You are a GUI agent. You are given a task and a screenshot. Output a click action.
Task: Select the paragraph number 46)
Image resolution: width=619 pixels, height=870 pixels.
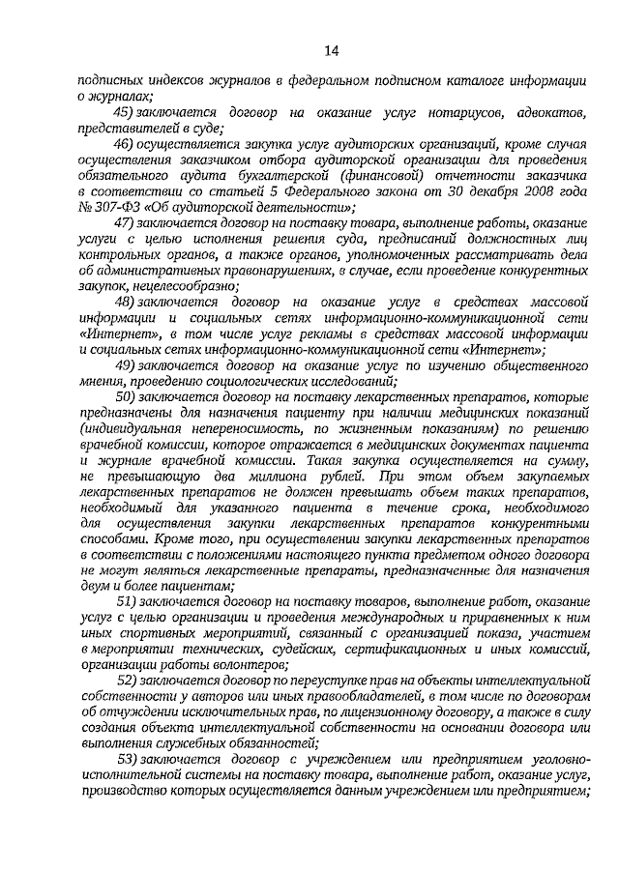tap(128, 142)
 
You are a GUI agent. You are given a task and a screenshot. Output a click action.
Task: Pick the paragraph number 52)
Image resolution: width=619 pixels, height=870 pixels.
tap(128, 681)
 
